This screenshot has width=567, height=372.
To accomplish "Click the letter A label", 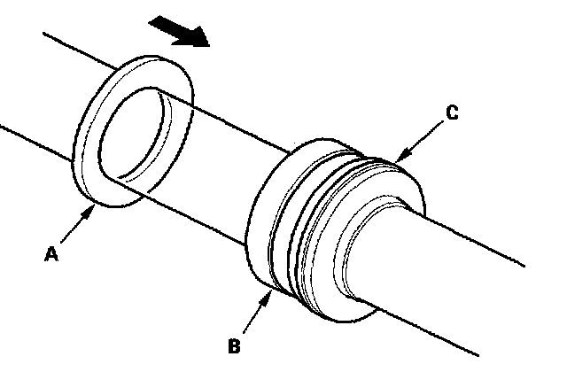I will pos(50,253).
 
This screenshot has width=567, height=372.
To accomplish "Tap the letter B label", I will pos(234,346).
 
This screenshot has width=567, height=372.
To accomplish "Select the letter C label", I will pos(453,112).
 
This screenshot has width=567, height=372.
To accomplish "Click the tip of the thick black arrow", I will pos(208,43).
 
